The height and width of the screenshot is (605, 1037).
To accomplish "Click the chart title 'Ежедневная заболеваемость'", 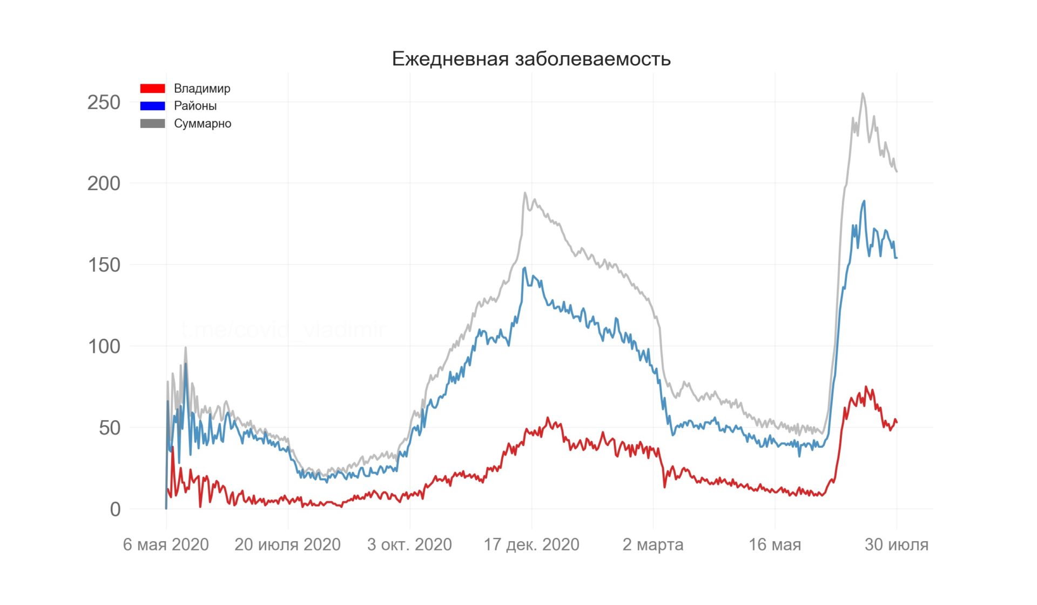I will coord(531,58).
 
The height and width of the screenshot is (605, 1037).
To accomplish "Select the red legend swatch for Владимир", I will coord(152,88).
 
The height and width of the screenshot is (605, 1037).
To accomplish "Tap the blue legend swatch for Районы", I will coord(152,106).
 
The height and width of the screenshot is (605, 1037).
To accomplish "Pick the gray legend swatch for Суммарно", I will coord(152,124).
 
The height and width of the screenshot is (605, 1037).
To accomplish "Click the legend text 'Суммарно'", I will coord(203,124).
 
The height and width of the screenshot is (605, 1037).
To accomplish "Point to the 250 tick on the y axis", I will coord(104,102).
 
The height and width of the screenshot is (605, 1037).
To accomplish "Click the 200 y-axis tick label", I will coord(104,184).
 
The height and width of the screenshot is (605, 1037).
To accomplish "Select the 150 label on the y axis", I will coord(104,265).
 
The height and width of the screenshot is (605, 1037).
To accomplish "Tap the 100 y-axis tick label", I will coord(104,346).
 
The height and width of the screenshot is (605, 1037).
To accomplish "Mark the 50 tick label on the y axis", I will coord(110,428).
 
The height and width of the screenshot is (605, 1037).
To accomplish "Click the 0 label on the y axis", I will coord(115,509).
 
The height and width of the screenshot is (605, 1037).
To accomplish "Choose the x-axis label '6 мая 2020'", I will coord(166,544).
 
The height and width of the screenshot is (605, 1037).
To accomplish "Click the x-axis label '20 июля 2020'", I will coord(287,544).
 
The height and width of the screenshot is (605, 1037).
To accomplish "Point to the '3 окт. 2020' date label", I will coord(409,544).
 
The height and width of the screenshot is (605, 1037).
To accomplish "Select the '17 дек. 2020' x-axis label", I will coord(531,544).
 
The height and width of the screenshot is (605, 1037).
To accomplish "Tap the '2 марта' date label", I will coord(653,544).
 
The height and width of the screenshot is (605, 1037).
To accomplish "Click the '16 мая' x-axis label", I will coord(775,544).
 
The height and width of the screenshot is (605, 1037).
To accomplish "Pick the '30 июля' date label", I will coord(897,544).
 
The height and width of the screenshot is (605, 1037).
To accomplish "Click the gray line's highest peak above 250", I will coord(863,93).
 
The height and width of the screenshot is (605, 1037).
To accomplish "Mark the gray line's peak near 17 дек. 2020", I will coord(524,192).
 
